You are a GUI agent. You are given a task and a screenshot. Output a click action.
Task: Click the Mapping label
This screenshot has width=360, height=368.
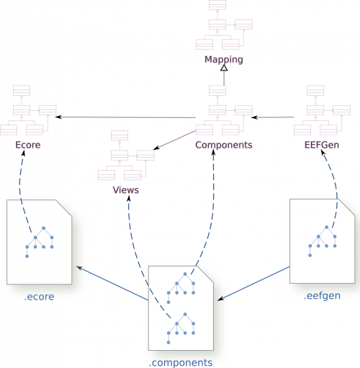(224, 60)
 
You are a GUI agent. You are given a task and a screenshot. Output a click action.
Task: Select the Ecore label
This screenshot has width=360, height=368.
(28, 145)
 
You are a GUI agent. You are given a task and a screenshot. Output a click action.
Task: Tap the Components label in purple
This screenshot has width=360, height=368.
(224, 145)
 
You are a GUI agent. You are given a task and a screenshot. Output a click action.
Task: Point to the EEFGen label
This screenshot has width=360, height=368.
(322, 145)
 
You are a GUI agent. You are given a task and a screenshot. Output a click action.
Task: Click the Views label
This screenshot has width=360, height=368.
(126, 190)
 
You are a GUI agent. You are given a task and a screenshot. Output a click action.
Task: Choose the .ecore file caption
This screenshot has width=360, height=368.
(39, 297)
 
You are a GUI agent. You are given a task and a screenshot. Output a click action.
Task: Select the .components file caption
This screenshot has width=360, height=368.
(181, 362)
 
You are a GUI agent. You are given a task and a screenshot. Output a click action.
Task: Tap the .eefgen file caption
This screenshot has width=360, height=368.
(322, 296)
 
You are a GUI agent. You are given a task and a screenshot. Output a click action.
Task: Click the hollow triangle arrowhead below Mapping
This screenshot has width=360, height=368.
(224, 68)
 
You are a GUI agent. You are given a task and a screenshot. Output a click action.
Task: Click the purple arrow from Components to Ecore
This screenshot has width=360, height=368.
(125, 117)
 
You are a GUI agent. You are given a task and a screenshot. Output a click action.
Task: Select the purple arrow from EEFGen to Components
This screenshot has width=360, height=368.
(273, 117)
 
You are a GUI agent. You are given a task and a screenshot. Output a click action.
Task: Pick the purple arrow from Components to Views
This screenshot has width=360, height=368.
(174, 140)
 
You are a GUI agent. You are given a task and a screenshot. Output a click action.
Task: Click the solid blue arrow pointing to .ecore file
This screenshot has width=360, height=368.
(112, 283)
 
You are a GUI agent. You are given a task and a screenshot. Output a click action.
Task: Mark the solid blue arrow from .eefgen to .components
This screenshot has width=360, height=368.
(253, 284)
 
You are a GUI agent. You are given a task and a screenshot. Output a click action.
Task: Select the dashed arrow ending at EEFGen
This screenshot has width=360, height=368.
(336, 189)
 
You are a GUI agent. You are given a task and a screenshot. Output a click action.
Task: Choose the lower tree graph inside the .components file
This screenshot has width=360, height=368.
(181, 328)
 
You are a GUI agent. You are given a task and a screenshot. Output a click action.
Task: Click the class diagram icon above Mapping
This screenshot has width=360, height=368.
(224, 24)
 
